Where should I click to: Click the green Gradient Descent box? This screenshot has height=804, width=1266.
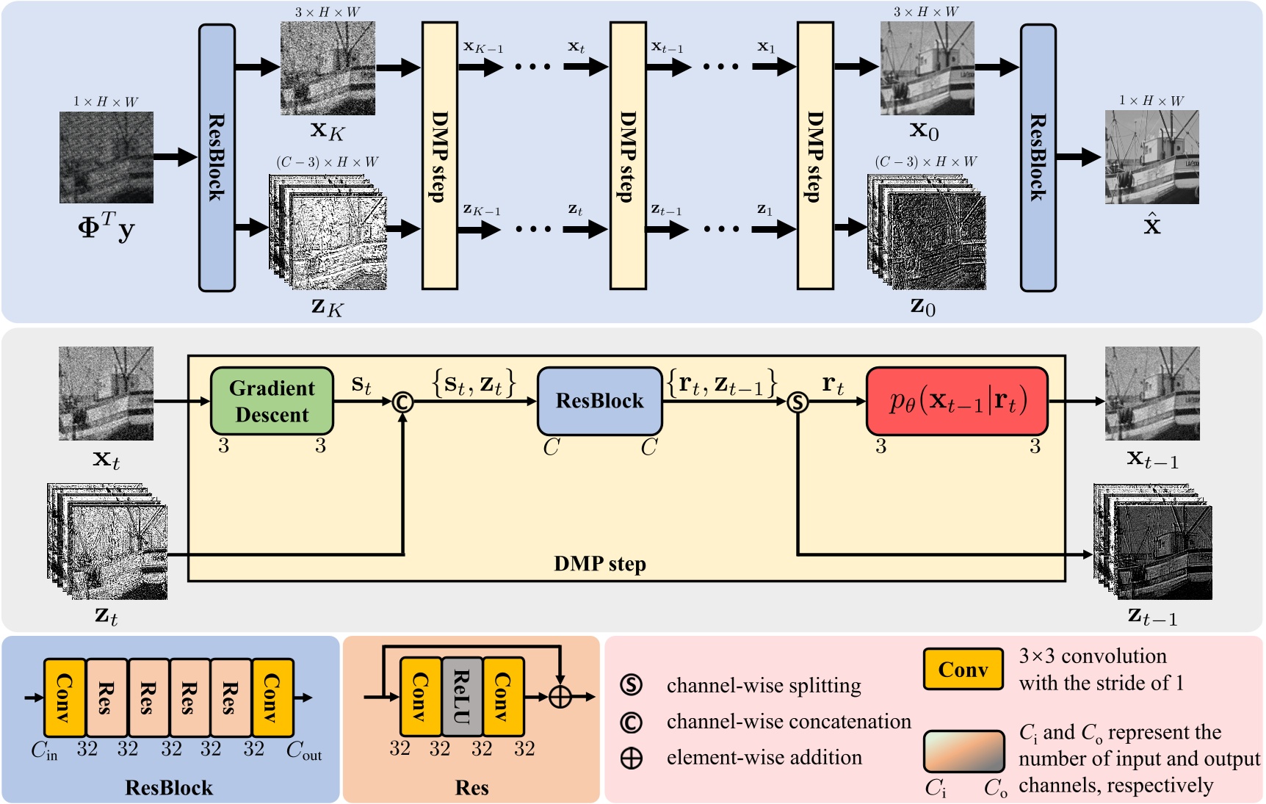tap(272, 401)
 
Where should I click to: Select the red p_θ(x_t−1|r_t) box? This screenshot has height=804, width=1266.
tap(957, 401)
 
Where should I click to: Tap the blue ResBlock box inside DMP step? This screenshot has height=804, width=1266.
tap(599, 401)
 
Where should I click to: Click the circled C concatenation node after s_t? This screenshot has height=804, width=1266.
tap(402, 402)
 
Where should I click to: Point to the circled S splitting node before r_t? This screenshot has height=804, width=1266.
tap(797, 402)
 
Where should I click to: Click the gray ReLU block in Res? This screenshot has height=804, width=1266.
tap(462, 697)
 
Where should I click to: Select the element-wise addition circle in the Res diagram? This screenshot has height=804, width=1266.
tap(560, 697)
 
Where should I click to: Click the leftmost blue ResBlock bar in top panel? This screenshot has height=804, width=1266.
tap(217, 157)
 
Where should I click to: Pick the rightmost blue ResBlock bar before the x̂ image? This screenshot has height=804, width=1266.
tap(1038, 157)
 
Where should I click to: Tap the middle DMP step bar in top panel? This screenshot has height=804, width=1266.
tap(628, 156)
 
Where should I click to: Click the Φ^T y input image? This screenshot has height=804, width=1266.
tap(106, 157)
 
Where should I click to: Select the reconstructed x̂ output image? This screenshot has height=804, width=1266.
tap(1151, 157)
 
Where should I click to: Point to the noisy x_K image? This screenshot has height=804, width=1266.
tap(328, 68)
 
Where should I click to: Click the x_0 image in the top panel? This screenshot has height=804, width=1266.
tap(927, 68)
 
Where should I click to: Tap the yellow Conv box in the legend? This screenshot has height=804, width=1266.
tap(963, 669)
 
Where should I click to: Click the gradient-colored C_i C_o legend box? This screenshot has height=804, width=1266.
tap(963, 750)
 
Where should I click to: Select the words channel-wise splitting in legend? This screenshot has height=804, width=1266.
tap(764, 685)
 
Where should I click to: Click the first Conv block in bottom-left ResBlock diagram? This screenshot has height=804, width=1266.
tap(65, 698)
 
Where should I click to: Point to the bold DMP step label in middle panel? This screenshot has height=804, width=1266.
tap(600, 564)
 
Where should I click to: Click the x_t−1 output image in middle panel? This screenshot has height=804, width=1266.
tap(1152, 394)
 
